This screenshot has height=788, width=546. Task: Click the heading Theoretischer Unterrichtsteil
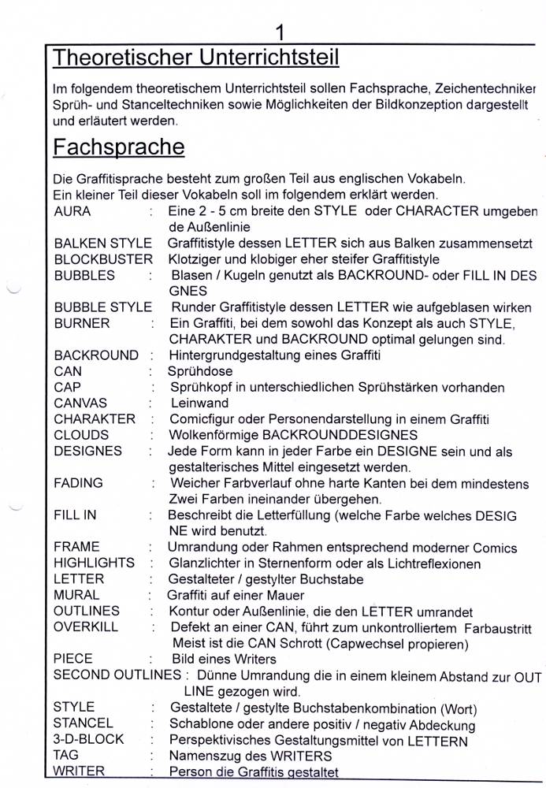click(x=195, y=58)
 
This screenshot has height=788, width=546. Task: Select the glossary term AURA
click(x=72, y=211)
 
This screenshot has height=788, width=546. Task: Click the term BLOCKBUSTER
click(x=103, y=259)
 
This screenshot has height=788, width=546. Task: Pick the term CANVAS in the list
click(x=80, y=403)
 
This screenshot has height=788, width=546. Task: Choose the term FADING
click(x=78, y=483)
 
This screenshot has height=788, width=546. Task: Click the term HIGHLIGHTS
click(x=94, y=563)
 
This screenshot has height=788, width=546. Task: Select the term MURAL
click(x=76, y=595)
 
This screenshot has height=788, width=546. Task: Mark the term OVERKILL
click(x=86, y=626)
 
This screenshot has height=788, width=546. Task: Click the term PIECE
click(x=73, y=659)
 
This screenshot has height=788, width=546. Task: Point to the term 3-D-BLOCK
click(x=88, y=739)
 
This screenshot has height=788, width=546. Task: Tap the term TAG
click(x=66, y=755)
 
